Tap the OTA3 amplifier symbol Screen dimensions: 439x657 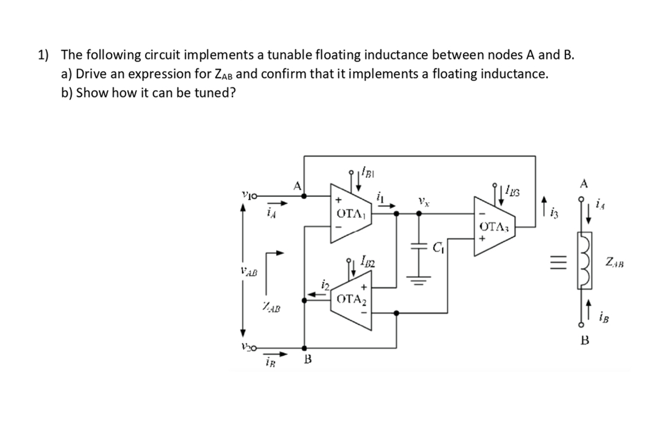click(x=492, y=226)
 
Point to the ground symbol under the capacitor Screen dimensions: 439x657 click(x=418, y=277)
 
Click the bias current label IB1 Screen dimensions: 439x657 click(x=369, y=170)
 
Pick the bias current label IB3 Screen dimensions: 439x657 click(x=513, y=189)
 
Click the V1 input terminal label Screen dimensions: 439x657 click(x=250, y=196)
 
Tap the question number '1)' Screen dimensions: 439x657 click(x=44, y=55)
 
